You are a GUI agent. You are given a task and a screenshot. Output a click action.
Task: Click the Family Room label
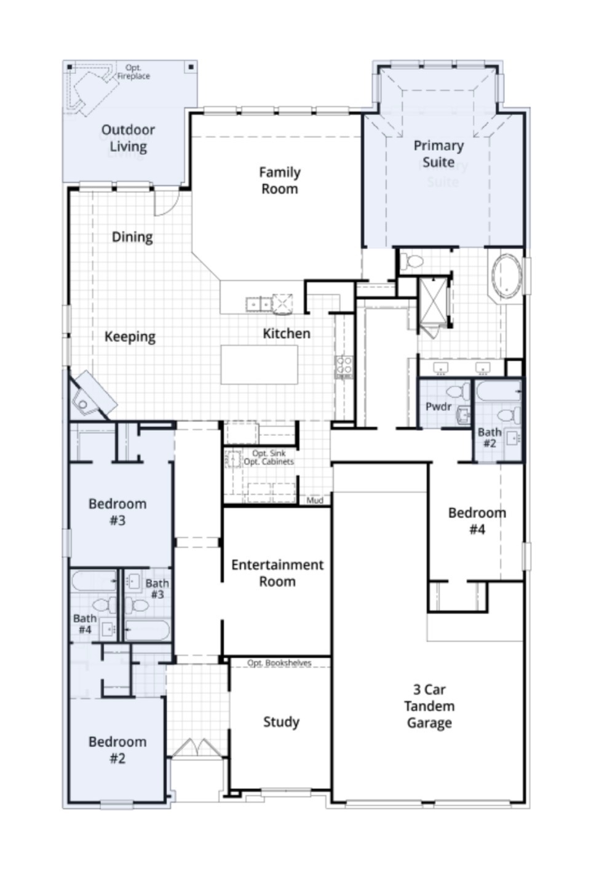point(279,181)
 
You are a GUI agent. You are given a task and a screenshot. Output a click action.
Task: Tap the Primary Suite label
point(438,154)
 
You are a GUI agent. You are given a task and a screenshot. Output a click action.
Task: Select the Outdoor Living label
point(128,138)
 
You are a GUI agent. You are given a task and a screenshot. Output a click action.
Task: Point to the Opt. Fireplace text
point(133,72)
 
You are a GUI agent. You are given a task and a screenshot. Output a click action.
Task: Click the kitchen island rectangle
point(260,365)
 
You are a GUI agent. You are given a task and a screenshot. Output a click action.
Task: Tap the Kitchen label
point(286,334)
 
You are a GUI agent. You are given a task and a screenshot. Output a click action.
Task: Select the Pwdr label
point(438,407)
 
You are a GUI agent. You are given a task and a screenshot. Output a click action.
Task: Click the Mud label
point(315,500)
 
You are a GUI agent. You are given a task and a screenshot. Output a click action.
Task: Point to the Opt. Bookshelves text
point(279,663)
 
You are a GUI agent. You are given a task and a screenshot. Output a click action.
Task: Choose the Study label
point(281,722)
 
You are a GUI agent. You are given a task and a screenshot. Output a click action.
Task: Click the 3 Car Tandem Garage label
point(429,706)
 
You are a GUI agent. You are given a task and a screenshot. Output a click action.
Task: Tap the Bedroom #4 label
point(477,521)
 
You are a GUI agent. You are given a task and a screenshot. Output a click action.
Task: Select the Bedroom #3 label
point(117,512)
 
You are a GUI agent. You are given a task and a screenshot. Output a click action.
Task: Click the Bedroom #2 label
point(117,750)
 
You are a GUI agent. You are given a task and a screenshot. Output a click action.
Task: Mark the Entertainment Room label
point(277,573)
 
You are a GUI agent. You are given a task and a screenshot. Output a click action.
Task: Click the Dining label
point(132,237)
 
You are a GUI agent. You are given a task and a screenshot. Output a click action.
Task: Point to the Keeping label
point(130,337)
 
